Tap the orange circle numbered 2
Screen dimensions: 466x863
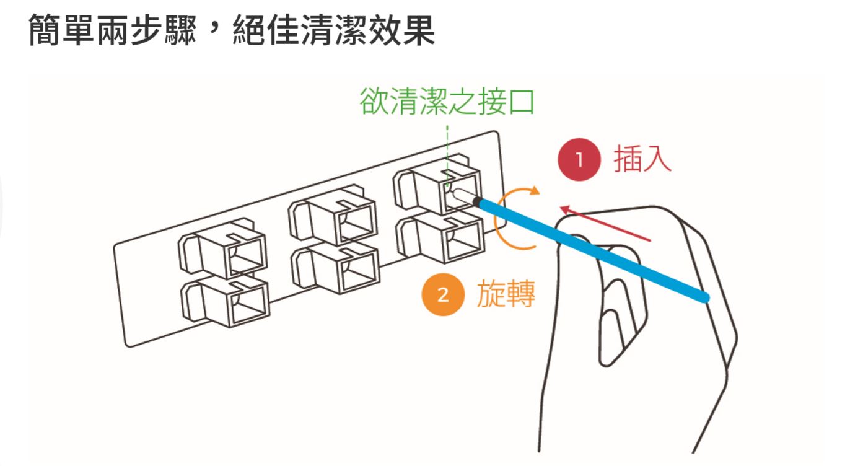click(x=442, y=295)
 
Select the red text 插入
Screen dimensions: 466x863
click(x=642, y=159)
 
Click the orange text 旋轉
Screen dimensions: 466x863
click(x=506, y=294)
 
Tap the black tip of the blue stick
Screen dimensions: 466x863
click(x=476, y=201)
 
